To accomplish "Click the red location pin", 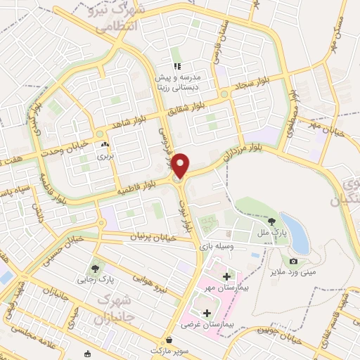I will tap(181, 165).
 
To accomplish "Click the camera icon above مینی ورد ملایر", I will tap(293, 261).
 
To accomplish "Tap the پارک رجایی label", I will tap(96, 281).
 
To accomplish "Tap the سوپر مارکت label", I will tap(167, 349).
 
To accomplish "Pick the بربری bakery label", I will tap(105, 155).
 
